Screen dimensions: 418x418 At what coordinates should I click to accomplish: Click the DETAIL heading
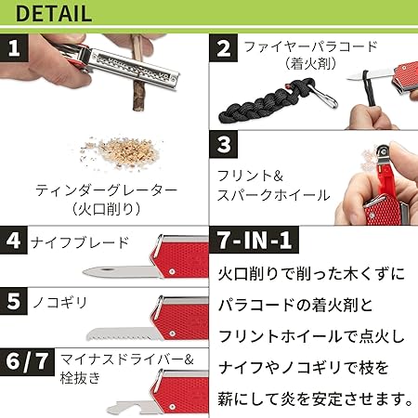click(54, 14)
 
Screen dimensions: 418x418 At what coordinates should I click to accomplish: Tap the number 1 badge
click(14, 48)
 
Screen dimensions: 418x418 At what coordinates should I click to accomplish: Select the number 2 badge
click(224, 48)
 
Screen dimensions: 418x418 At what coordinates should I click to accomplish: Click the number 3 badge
click(224, 144)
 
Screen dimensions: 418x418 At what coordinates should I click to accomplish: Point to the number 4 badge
click(14, 241)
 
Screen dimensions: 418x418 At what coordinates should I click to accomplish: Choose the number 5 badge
click(14, 301)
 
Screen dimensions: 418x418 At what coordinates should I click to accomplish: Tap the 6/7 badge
click(27, 362)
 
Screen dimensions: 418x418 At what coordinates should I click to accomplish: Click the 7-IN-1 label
click(255, 240)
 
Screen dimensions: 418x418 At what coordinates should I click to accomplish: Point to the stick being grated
click(137, 74)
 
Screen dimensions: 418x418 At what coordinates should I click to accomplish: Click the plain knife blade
click(123, 271)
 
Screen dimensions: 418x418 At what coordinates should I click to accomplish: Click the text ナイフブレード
click(80, 242)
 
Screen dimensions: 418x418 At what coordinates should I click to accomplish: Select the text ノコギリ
click(59, 302)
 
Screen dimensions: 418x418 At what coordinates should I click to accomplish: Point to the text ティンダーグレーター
click(106, 190)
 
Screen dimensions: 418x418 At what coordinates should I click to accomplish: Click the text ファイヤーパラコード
click(310, 47)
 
